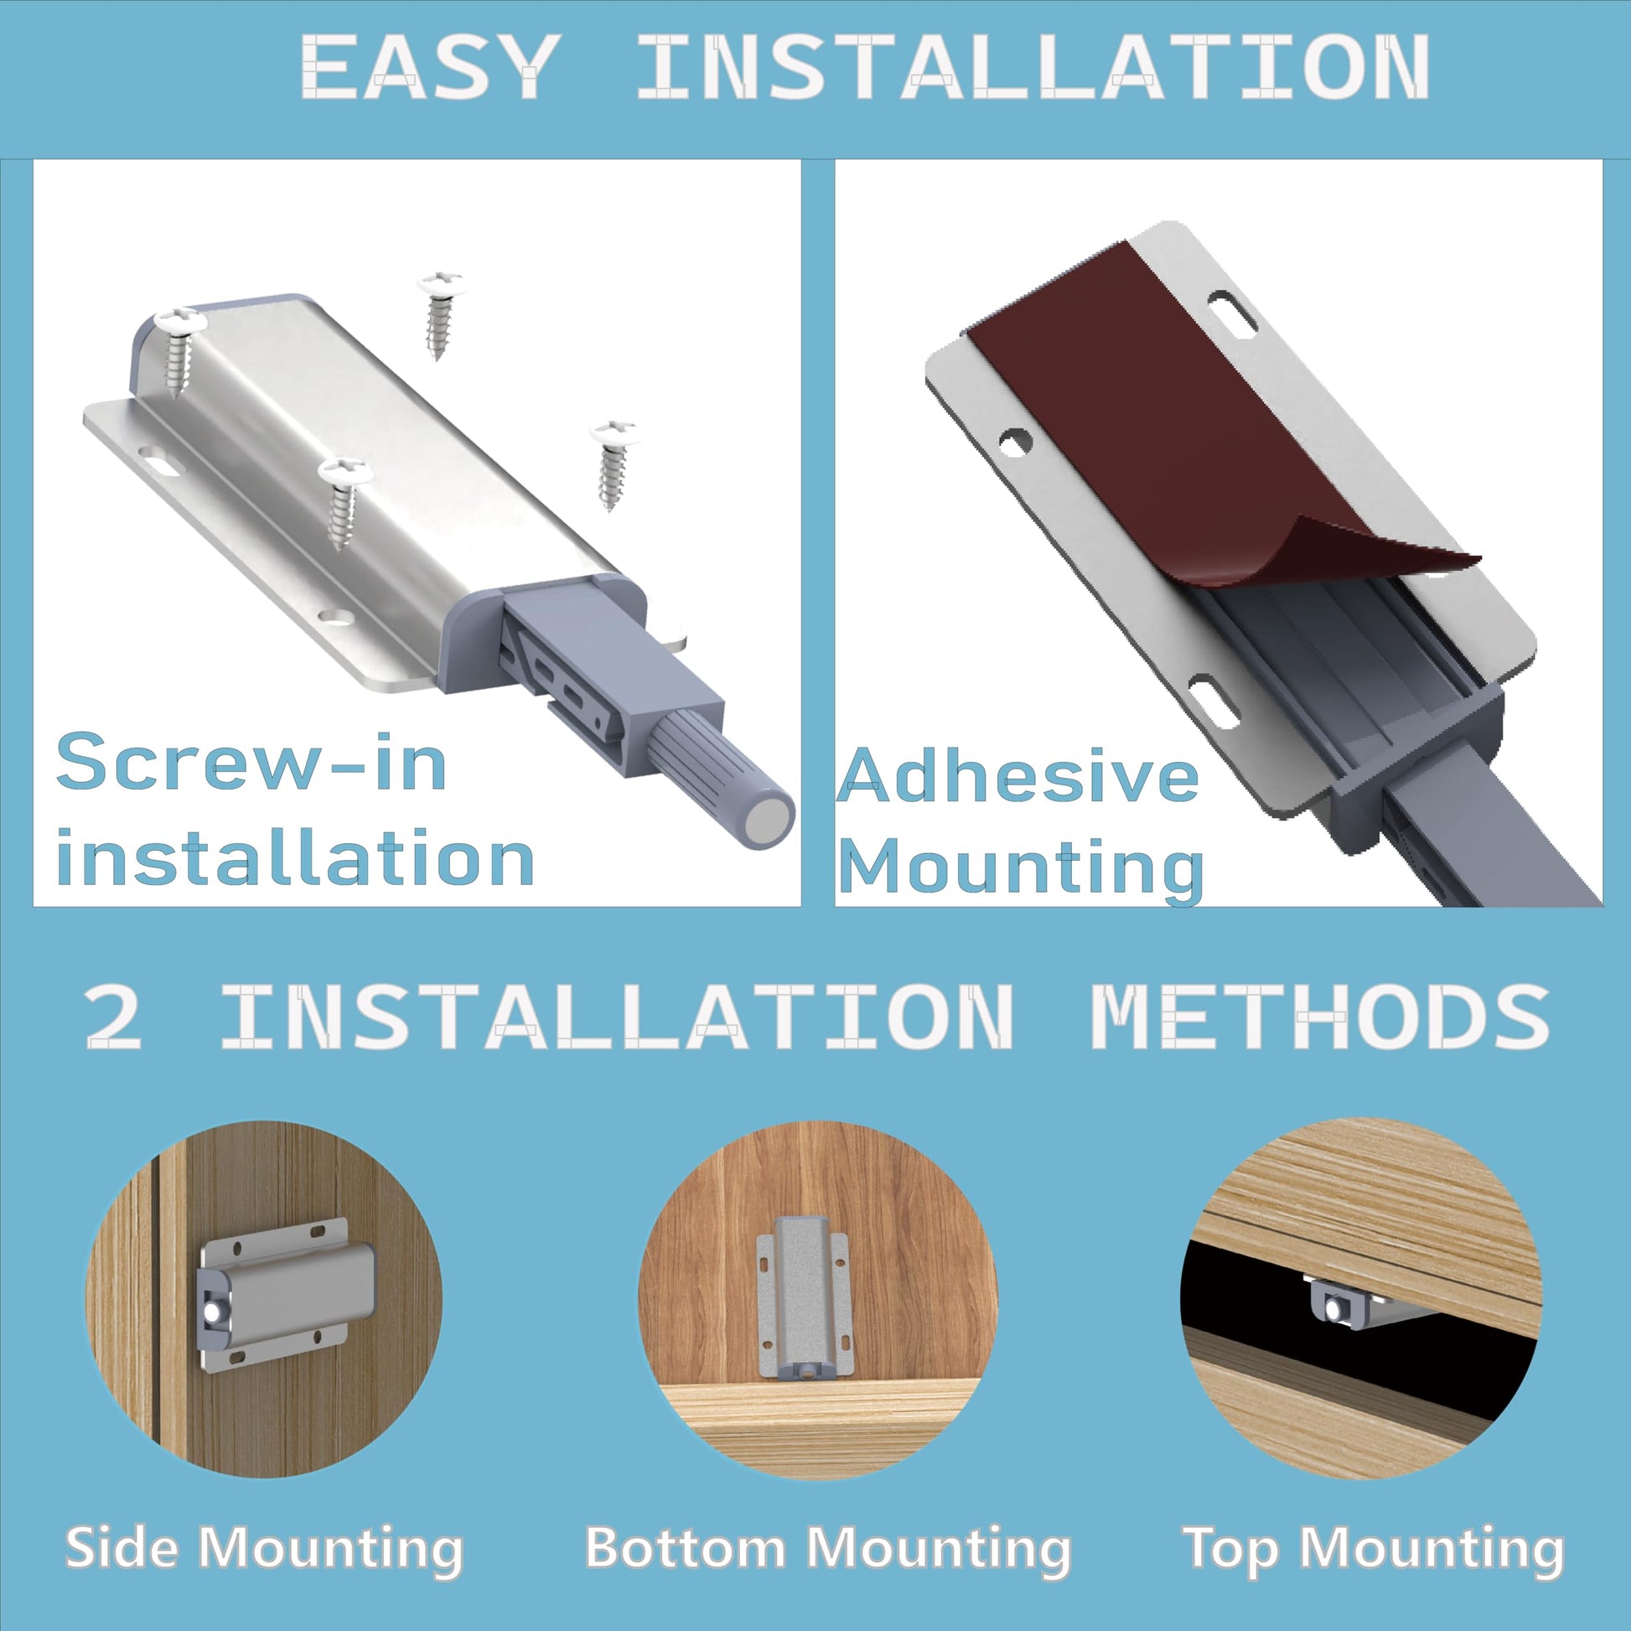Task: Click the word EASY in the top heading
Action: click(x=431, y=67)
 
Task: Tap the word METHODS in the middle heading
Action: click(x=1319, y=1017)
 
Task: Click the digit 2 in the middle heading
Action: click(x=113, y=1017)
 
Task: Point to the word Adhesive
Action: click(x=1018, y=774)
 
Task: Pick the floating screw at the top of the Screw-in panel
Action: click(x=438, y=315)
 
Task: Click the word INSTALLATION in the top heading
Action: click(x=1033, y=67)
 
